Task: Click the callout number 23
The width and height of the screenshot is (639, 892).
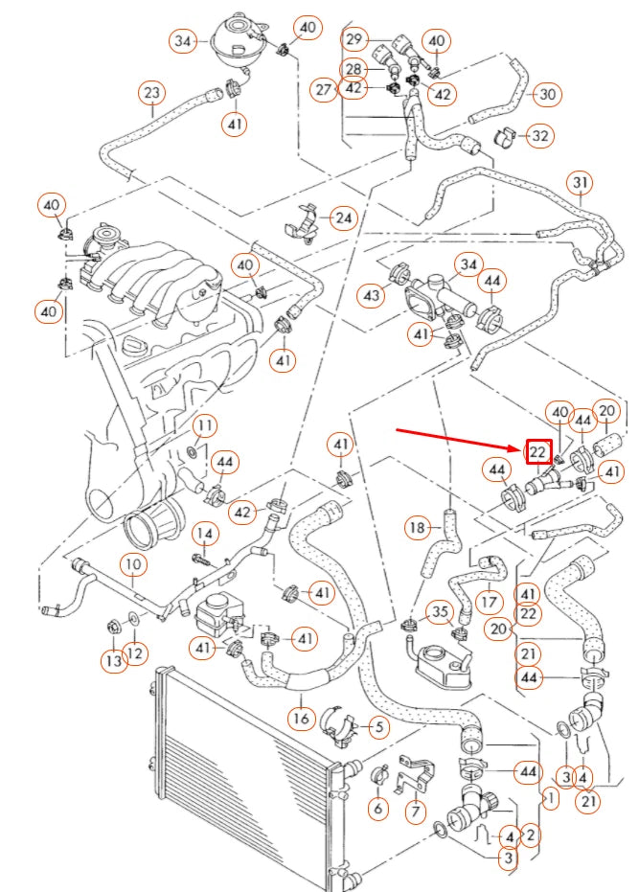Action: coord(152,93)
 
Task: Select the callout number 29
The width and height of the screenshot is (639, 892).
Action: coord(355,39)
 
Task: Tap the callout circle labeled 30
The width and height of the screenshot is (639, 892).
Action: coord(546,94)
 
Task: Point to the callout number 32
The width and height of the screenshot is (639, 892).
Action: coord(540,136)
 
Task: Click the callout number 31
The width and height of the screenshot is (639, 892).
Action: coord(580,182)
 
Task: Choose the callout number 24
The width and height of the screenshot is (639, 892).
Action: coord(343,218)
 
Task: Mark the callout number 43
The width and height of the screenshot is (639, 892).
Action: coord(373,297)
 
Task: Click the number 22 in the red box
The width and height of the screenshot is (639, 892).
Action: coord(538,451)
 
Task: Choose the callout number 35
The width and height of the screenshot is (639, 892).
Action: coord(439,611)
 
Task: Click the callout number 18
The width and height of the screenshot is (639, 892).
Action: coord(417,527)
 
